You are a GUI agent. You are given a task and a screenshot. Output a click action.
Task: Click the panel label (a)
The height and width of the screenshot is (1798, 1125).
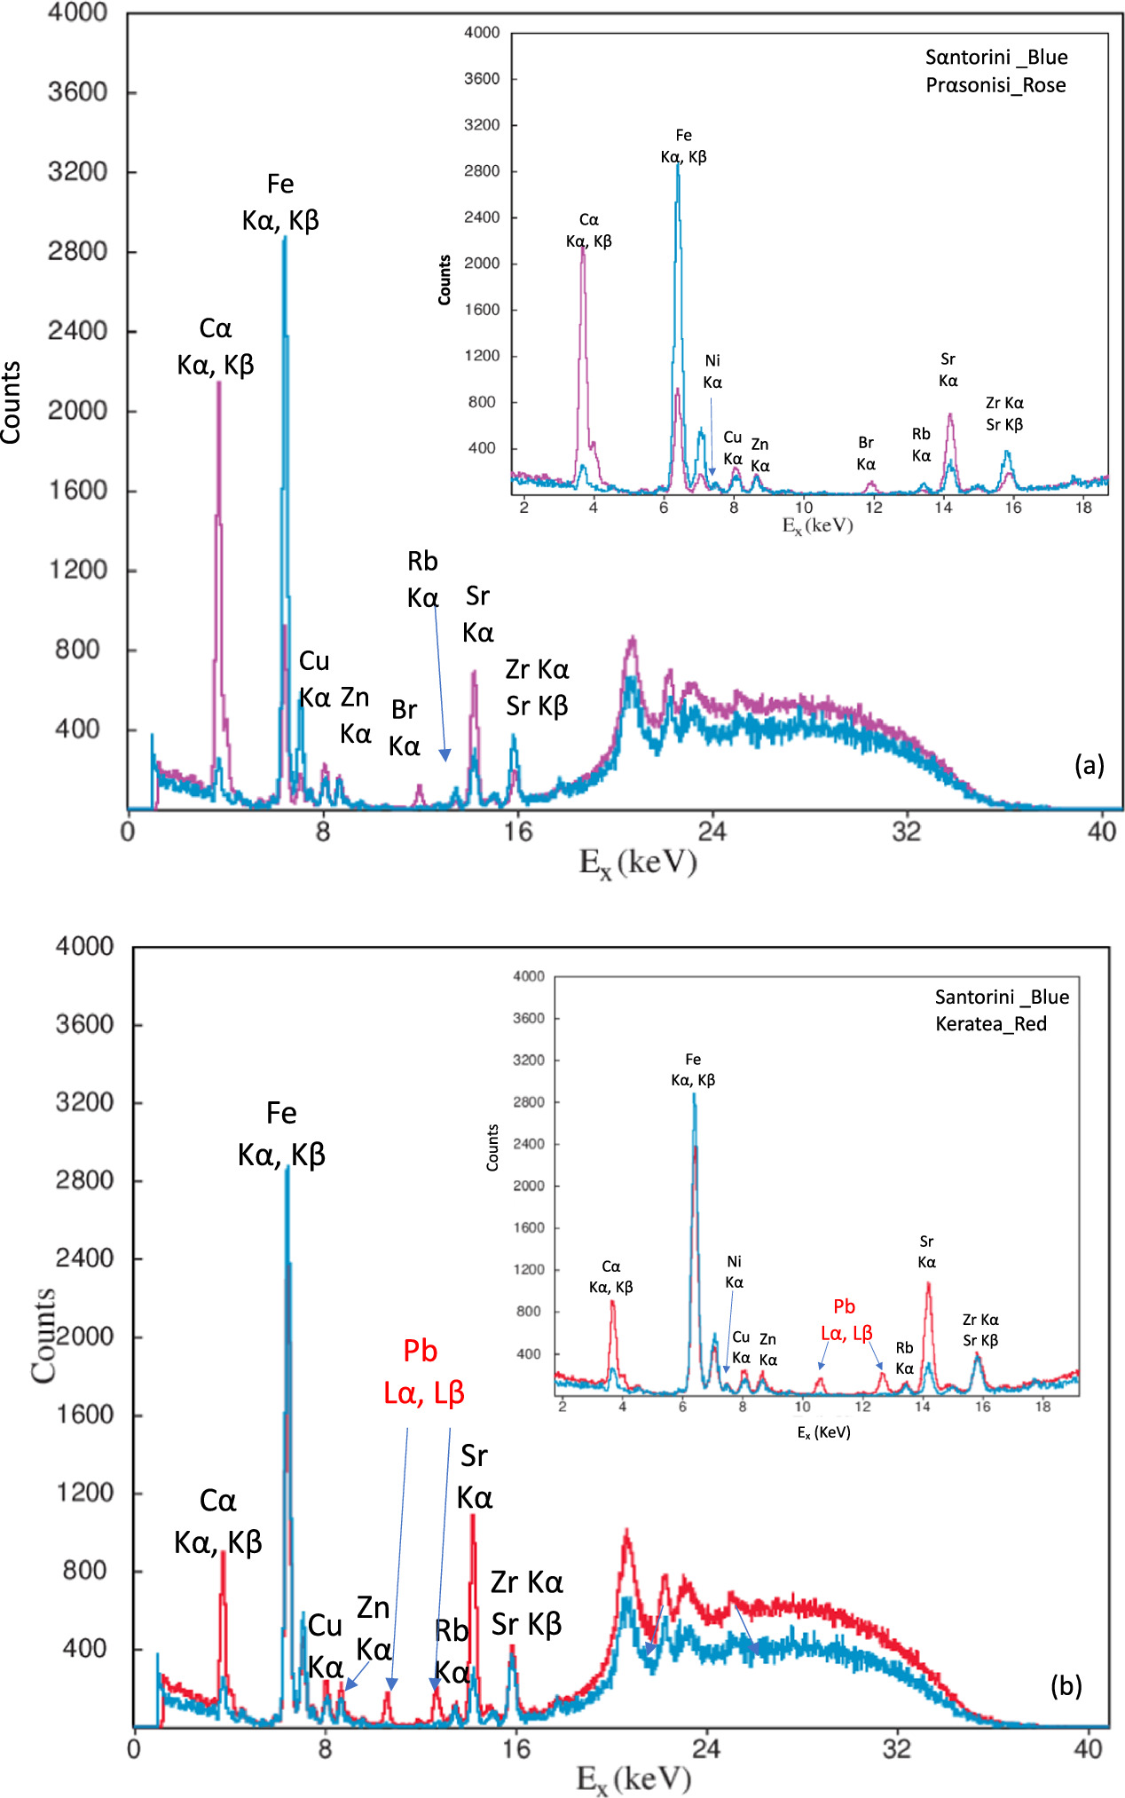[1089, 765]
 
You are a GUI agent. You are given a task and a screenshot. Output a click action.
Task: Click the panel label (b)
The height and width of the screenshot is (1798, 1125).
[1066, 1685]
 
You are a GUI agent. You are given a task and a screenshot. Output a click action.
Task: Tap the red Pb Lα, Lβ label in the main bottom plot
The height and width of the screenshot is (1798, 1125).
[423, 1371]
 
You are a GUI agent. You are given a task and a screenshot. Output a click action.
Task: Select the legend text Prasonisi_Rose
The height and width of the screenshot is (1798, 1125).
[995, 85]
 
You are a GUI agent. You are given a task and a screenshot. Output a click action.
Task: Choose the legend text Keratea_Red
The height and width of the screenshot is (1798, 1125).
[990, 1024]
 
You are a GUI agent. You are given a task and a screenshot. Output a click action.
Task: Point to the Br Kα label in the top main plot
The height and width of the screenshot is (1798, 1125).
[405, 728]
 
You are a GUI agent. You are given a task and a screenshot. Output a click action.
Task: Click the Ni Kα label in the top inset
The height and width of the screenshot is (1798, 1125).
[712, 372]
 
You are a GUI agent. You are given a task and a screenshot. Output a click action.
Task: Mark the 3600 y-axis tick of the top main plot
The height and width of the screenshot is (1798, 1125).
[77, 92]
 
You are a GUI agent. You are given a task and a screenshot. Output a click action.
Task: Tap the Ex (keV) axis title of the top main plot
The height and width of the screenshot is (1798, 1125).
[637, 863]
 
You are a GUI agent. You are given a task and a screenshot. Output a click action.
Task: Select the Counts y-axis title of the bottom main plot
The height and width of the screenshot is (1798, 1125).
[43, 1335]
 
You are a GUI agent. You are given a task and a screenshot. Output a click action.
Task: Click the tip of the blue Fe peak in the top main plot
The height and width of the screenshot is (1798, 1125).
[285, 238]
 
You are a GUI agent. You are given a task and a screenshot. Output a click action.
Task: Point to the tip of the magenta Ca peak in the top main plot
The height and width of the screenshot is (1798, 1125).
[218, 382]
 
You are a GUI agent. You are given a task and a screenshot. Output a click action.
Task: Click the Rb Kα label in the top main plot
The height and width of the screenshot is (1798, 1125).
[423, 580]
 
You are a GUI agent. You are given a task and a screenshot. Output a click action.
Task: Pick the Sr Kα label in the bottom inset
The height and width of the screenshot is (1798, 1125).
[926, 1251]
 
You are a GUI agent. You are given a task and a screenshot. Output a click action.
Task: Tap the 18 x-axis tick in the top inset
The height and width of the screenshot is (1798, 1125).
[1083, 508]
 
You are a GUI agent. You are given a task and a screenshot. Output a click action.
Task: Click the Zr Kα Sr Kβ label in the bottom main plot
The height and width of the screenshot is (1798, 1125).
[527, 1603]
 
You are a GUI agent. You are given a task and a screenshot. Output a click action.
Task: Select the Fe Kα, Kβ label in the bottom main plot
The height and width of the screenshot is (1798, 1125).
[281, 1133]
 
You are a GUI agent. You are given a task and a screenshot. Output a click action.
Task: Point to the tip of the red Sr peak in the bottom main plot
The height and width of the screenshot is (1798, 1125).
[473, 1516]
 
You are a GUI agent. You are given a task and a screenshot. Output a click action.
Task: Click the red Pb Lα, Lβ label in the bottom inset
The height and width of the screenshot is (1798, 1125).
[846, 1320]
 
